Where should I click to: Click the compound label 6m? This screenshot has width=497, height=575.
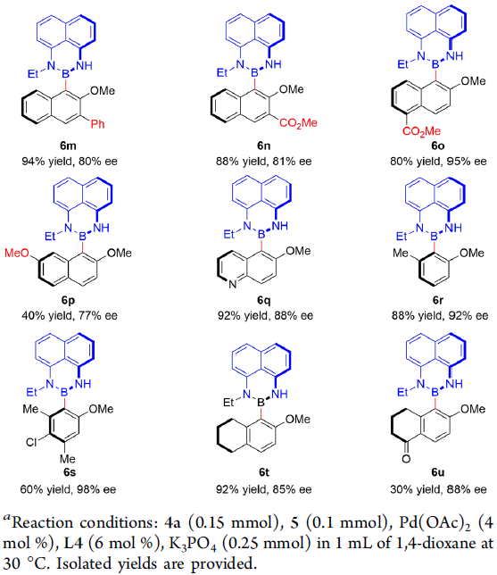pyautogui.click(x=68, y=146)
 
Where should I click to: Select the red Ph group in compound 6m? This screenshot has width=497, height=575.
pyautogui.click(x=98, y=124)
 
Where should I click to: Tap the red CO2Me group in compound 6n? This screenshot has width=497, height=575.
pyautogui.click(x=298, y=123)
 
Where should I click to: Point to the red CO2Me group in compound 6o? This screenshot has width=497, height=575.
pyautogui.click(x=421, y=131)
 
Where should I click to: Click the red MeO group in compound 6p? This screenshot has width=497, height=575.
pyautogui.click(x=17, y=253)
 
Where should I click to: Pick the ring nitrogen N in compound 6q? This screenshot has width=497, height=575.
pyautogui.click(x=232, y=284)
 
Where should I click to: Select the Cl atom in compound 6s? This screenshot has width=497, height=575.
pyautogui.click(x=31, y=442)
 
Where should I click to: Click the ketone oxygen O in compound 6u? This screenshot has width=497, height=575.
pyautogui.click(x=406, y=458)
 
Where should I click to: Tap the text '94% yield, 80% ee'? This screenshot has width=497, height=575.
pyautogui.click(x=70, y=162)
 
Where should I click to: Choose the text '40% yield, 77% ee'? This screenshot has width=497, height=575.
pyautogui.click(x=70, y=316)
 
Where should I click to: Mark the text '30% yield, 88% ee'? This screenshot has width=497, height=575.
pyautogui.click(x=438, y=489)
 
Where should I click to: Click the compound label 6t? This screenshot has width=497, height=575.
pyautogui.click(x=264, y=472)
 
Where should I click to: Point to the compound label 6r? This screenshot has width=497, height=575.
pyautogui.click(x=438, y=300)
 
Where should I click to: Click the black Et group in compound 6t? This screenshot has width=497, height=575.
pyautogui.click(x=228, y=403)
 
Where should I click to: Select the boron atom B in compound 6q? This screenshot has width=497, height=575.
pyautogui.click(x=261, y=234)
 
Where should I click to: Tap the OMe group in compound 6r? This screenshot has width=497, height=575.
pyautogui.click(x=472, y=253)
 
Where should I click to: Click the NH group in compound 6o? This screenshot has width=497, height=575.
pyautogui.click(x=455, y=55)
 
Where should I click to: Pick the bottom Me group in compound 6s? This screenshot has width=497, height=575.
pyautogui.click(x=68, y=459)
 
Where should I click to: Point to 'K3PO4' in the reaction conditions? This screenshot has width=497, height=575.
pyautogui.click(x=192, y=544)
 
